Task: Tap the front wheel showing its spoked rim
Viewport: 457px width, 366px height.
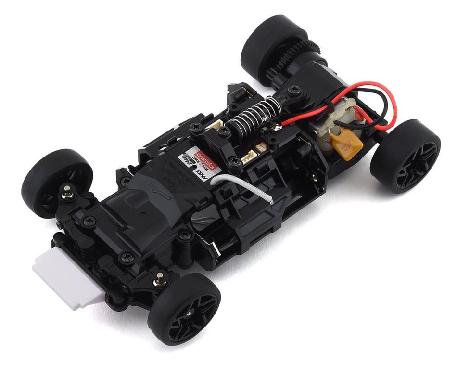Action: [185, 308]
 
